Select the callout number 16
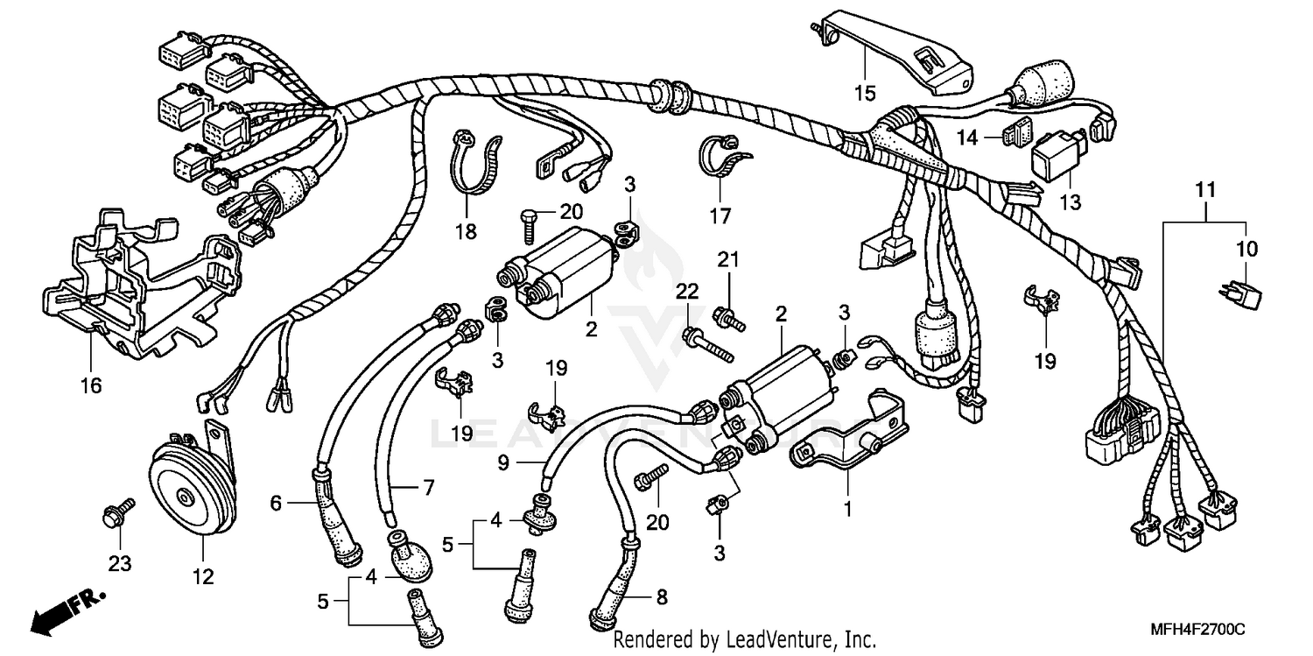(91, 385)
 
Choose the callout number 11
(1206, 189)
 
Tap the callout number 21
(729, 259)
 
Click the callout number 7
(428, 489)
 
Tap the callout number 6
(277, 503)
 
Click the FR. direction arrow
(66, 612)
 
